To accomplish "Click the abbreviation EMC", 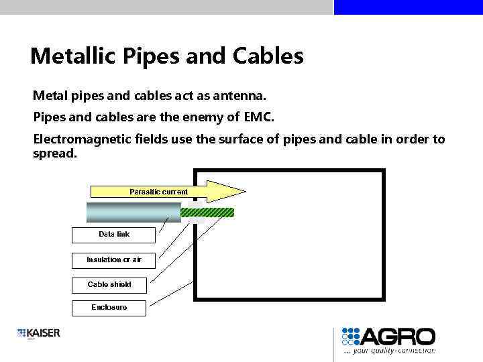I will click(258, 117).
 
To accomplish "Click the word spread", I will click(55, 154).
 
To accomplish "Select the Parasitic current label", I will click(158, 192).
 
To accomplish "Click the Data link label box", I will click(113, 235).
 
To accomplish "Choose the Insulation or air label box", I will click(113, 260).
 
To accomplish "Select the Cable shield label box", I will click(109, 285).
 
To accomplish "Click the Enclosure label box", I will click(109, 308).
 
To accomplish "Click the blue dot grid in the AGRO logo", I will click(351, 336).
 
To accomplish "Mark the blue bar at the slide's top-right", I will click(408, 7).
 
